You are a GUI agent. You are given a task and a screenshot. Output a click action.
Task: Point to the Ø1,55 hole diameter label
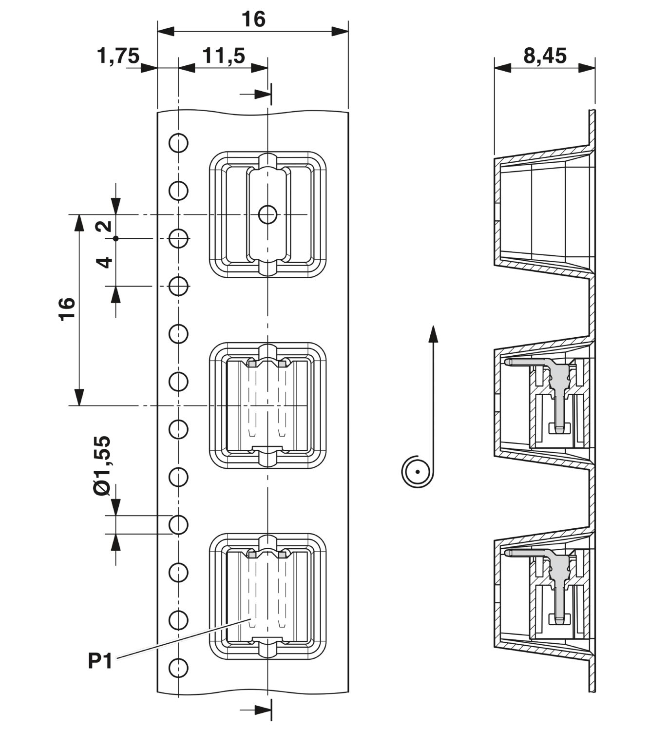(x=102, y=465)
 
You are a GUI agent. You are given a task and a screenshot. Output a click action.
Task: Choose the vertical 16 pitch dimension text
(x=67, y=309)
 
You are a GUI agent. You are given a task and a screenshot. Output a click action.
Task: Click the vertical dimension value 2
(x=103, y=226)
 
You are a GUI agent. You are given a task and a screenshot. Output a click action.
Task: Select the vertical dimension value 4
(x=104, y=262)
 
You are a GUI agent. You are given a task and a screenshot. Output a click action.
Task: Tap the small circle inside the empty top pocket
(x=267, y=214)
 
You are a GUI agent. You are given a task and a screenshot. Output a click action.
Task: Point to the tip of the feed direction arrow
(x=433, y=326)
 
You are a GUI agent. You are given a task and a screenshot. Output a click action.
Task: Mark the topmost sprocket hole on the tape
(x=178, y=142)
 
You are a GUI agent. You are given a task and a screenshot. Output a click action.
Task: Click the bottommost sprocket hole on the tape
(x=178, y=668)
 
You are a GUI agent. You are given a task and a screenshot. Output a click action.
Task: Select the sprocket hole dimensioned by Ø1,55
(x=178, y=525)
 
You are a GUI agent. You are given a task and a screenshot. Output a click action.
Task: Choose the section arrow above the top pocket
(x=256, y=94)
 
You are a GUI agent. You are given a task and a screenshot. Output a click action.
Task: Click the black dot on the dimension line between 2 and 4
(x=116, y=239)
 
